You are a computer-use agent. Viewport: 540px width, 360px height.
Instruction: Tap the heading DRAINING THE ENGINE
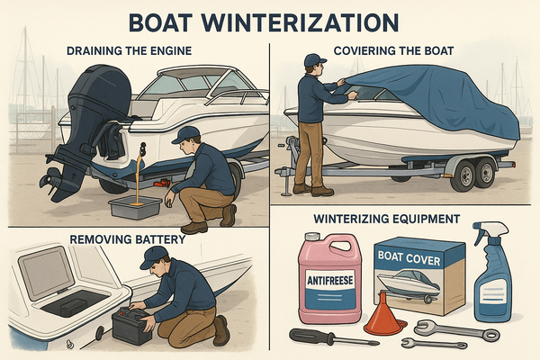(129, 51)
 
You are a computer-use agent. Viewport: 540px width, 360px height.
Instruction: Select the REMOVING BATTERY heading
(128, 239)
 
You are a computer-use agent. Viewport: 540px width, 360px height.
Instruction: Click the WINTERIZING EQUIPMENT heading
(387, 219)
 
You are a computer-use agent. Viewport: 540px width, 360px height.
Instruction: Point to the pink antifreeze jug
(329, 278)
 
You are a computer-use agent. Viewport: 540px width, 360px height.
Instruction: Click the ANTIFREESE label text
(330, 280)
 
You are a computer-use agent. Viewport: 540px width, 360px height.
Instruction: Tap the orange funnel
(384, 314)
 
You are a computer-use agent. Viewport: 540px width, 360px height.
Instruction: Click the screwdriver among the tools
(333, 337)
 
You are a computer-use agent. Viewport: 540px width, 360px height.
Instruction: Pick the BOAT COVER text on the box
(409, 257)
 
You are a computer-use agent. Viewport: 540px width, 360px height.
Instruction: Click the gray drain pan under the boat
(135, 208)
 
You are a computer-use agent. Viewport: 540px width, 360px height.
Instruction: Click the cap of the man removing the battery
(154, 256)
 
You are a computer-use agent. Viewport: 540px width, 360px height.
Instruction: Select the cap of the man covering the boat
(314, 60)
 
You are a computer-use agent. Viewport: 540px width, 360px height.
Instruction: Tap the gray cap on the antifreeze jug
(312, 237)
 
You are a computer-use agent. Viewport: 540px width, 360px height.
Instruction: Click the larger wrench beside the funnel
(456, 328)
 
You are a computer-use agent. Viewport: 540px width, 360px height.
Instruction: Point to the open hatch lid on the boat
(46, 273)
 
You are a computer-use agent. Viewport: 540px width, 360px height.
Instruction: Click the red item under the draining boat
(162, 183)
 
